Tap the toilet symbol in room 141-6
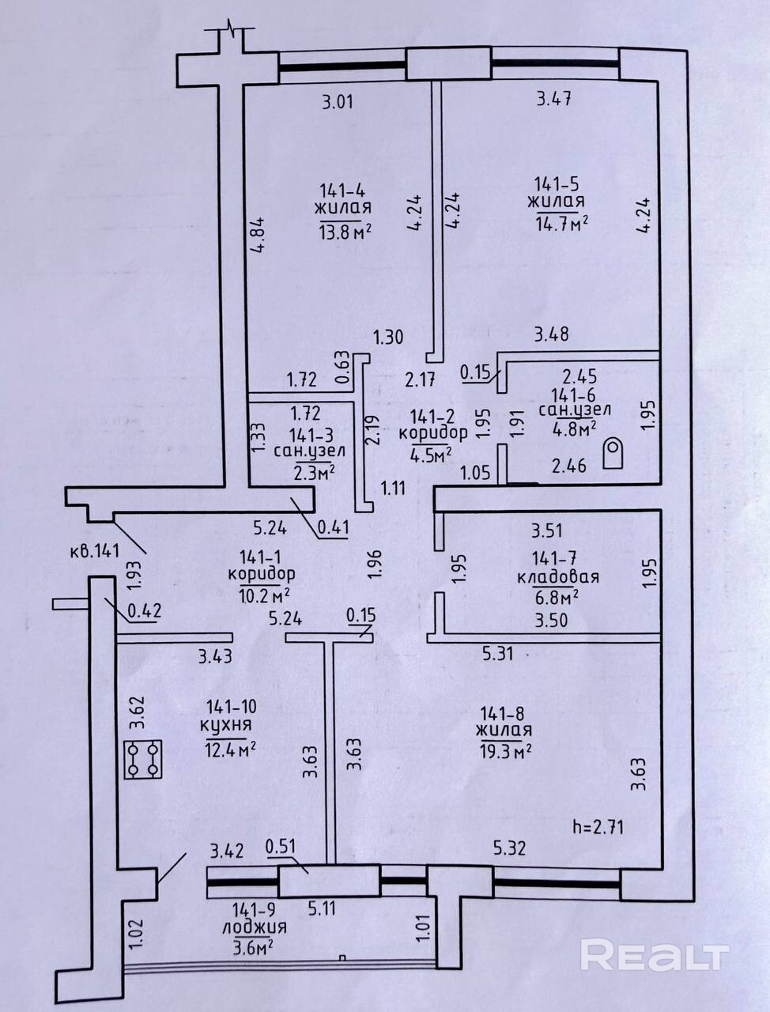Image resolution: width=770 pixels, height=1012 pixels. (x=613, y=453)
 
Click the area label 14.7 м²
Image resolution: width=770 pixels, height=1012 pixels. (x=562, y=224)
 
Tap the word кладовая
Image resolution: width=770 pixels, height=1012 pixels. (x=558, y=577)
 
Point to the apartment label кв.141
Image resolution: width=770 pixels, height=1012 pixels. (x=95, y=550)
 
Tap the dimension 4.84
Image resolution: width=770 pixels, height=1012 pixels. (x=260, y=234)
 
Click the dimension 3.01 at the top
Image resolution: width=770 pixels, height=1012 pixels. (x=338, y=101)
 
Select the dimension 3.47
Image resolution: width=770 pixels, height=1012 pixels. (x=555, y=99)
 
